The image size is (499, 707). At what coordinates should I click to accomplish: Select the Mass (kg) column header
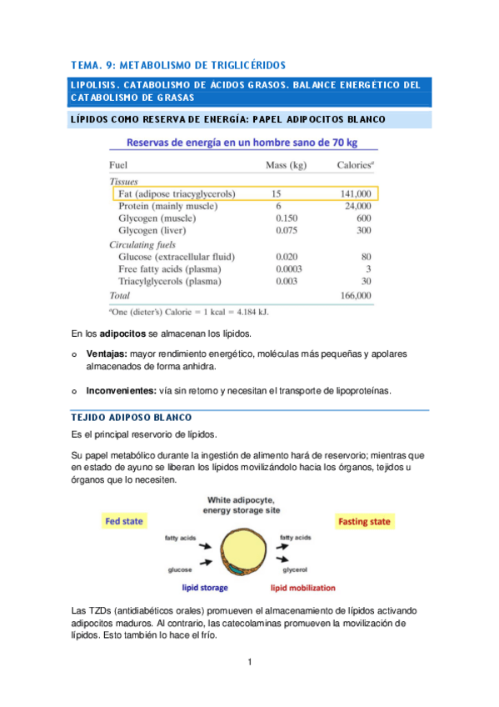click(x=287, y=165)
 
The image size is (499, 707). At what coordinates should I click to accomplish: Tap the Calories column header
click(x=355, y=165)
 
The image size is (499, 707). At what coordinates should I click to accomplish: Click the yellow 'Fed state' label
click(x=124, y=521)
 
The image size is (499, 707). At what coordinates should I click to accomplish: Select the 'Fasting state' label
click(x=364, y=522)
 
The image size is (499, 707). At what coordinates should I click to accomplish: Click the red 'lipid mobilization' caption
click(x=297, y=588)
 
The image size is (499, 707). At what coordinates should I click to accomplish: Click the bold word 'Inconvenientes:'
click(x=122, y=389)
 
